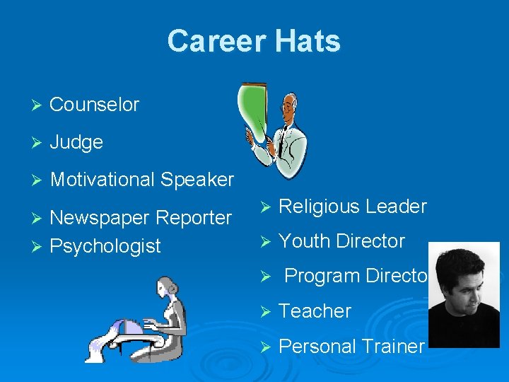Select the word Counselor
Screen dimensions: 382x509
95,105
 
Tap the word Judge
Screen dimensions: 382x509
76,142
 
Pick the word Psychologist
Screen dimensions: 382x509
105,246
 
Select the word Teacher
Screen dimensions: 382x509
315,311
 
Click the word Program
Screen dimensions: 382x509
320,276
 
